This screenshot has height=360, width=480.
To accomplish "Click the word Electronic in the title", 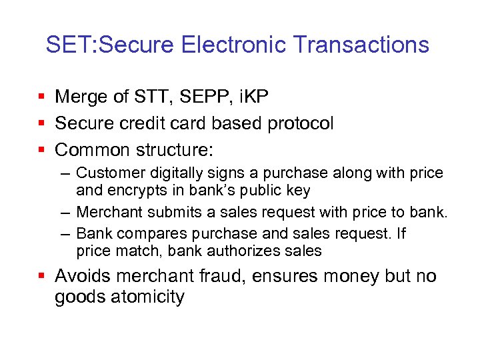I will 235,45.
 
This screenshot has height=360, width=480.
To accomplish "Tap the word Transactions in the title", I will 361,45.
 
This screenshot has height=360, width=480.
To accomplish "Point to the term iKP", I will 249,97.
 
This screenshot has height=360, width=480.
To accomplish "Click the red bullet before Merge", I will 42,98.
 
